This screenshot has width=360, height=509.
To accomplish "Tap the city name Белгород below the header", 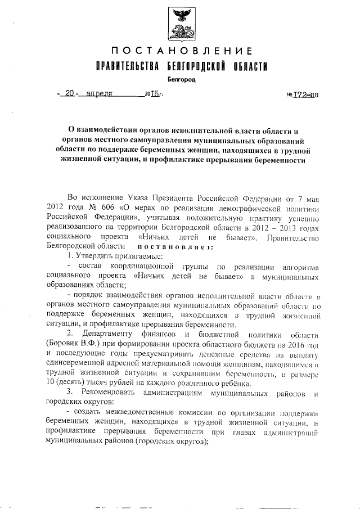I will (181, 80).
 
